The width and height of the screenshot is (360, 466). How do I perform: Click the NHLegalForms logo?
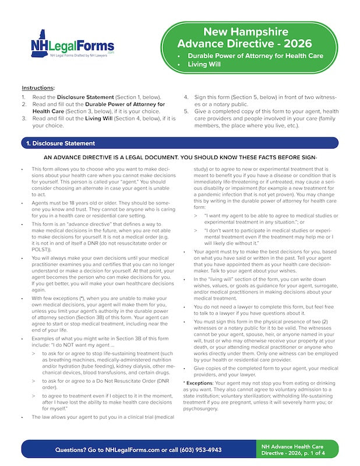click(x=73, y=45)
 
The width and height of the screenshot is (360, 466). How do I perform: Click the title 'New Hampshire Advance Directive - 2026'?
click(x=245, y=38)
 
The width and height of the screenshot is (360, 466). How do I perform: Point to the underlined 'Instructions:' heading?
click(x=38, y=87)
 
